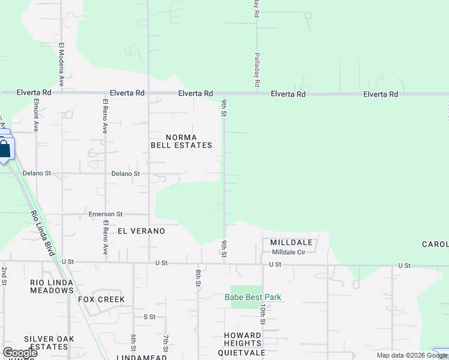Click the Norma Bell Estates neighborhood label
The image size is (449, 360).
(181, 141)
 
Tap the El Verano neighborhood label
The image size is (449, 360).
(141, 230)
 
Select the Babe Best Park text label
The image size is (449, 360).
(253, 297)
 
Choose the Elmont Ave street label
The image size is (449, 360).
(36, 115)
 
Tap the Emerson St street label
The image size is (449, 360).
(106, 214)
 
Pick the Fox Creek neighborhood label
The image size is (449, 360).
(101, 299)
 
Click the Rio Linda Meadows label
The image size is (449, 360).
(52, 286)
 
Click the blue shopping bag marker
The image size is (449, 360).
(4, 148)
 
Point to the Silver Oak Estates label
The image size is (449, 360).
(50, 343)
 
